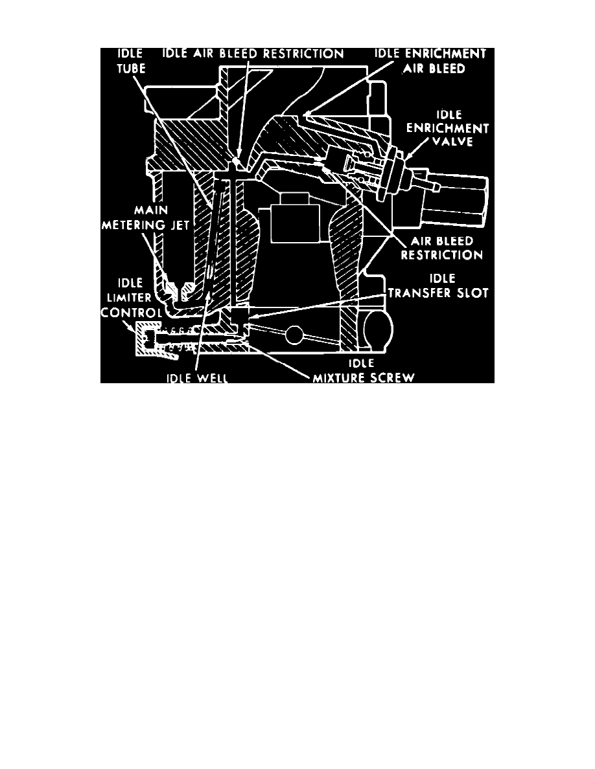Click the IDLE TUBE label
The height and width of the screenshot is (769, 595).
(x=131, y=61)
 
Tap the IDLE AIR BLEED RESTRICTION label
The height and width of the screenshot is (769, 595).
(x=253, y=54)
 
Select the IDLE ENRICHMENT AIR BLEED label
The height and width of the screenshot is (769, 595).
(x=430, y=61)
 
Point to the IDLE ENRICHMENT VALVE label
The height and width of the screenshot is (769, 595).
(x=447, y=129)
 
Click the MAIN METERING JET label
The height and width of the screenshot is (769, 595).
(x=145, y=217)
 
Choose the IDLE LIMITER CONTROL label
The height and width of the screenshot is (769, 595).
(x=132, y=298)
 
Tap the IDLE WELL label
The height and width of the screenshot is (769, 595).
(x=197, y=377)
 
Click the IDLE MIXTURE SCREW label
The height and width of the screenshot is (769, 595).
(x=364, y=371)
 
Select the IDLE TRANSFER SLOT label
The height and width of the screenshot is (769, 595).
(x=438, y=286)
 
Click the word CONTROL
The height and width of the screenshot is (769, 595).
(x=132, y=313)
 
